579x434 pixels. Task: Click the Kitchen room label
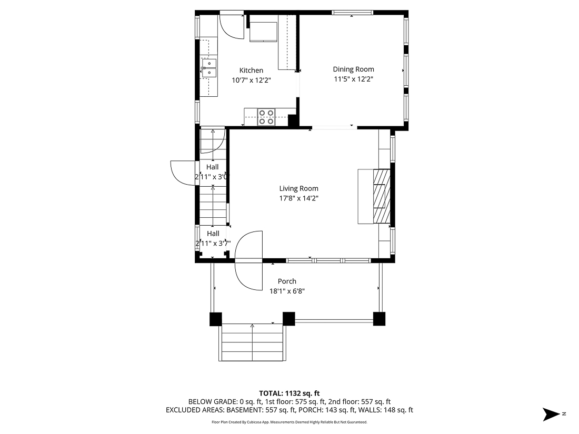[x=251, y=70]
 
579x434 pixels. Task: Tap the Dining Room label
[x=353, y=69]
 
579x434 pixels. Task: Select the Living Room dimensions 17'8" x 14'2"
[x=298, y=198]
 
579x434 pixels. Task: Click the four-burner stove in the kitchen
[x=266, y=116]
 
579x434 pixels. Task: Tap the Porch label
[x=287, y=281]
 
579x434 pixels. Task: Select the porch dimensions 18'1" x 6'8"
[x=287, y=291]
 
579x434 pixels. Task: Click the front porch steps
[x=252, y=342]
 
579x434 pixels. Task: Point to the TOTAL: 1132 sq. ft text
[x=289, y=393]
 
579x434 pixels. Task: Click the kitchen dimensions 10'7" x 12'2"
[x=251, y=80]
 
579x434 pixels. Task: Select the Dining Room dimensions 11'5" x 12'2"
[x=353, y=79]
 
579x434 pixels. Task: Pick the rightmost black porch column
[x=379, y=319]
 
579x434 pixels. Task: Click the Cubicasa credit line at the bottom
[x=289, y=422]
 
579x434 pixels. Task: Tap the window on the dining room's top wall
[x=352, y=12]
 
